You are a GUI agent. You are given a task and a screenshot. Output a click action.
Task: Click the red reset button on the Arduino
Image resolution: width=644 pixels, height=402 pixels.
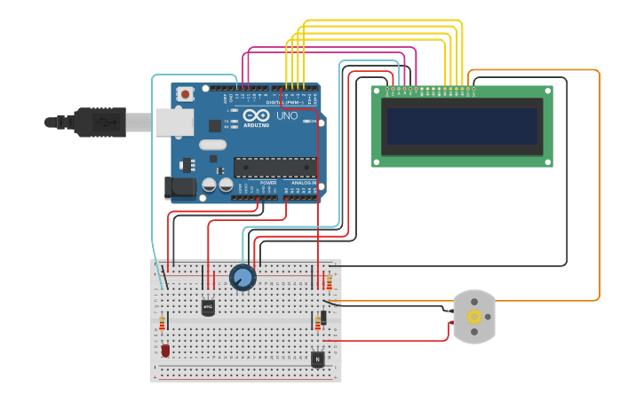[185, 93]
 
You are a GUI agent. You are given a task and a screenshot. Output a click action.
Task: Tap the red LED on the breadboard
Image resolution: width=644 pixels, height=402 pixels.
[165, 351]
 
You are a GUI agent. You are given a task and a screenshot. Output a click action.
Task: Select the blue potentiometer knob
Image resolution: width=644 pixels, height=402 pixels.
[242, 278]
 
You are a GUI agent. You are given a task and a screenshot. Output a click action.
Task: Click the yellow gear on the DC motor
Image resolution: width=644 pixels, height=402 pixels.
[474, 317]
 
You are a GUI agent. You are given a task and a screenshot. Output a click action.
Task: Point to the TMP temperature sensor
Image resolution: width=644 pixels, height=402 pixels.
[208, 307]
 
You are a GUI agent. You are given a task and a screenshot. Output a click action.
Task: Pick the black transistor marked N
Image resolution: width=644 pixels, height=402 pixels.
[317, 359]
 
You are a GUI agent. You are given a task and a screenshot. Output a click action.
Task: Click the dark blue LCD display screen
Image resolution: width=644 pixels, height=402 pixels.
[461, 126]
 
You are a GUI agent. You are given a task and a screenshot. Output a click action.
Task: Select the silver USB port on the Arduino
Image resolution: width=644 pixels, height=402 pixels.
[174, 122]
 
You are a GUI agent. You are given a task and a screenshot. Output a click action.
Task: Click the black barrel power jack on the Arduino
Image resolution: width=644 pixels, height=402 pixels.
[179, 187]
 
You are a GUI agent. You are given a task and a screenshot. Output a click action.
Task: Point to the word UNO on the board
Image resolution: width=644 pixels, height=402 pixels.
[287, 116]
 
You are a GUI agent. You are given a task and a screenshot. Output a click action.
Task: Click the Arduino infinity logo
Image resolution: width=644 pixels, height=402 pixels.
[257, 115]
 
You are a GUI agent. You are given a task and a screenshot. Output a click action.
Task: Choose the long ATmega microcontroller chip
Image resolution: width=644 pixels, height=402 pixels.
[274, 167]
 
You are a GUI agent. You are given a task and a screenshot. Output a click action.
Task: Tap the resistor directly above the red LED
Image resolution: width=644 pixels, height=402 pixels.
[162, 323]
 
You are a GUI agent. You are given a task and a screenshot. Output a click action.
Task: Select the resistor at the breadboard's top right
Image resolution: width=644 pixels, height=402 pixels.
[330, 282]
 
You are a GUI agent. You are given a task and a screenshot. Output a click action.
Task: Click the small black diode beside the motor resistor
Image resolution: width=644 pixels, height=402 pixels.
[323, 318]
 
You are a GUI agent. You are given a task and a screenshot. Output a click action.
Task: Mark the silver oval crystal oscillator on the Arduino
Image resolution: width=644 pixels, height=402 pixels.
[213, 145]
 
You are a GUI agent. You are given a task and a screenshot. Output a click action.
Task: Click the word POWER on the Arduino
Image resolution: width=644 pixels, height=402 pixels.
[268, 182]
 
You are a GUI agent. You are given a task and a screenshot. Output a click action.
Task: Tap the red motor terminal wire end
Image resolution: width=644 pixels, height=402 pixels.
[451, 323]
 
